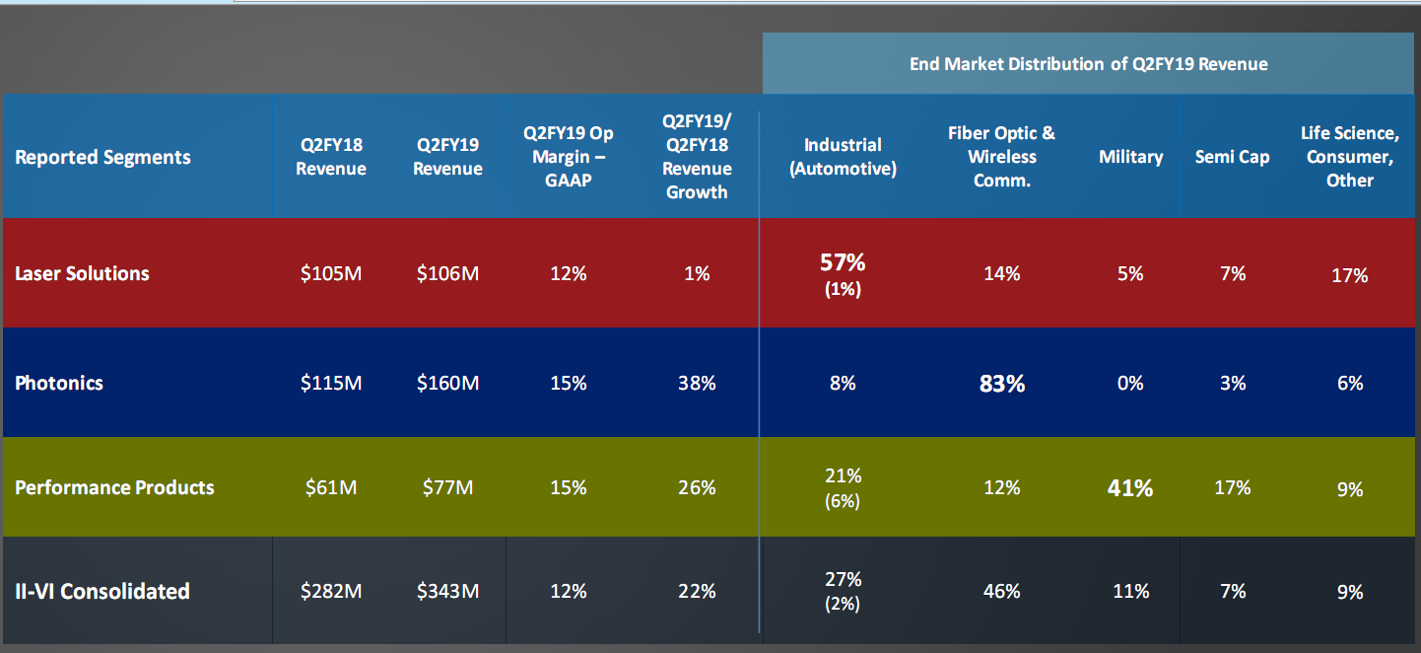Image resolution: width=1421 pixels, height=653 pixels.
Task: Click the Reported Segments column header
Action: click(x=102, y=157)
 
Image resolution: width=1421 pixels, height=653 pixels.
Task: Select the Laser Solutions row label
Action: click(x=82, y=273)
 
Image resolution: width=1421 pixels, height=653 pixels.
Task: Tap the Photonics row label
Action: click(x=59, y=383)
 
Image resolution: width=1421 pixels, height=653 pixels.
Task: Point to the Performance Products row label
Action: click(x=114, y=487)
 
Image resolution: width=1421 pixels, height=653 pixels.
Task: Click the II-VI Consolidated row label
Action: click(x=102, y=591)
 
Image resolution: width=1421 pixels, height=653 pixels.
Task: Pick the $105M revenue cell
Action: click(x=331, y=273)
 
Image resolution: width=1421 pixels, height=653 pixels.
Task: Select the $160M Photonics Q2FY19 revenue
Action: click(x=447, y=383)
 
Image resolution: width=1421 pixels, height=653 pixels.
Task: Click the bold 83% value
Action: click(x=1001, y=384)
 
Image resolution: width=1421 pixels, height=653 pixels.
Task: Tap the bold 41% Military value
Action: click(x=1129, y=487)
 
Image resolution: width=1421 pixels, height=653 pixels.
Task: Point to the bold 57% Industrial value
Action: click(x=843, y=262)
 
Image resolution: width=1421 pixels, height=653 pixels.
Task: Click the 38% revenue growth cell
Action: click(x=697, y=383)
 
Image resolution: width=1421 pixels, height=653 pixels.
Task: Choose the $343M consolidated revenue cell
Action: click(x=447, y=591)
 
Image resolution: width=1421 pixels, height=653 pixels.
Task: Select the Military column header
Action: click(x=1130, y=157)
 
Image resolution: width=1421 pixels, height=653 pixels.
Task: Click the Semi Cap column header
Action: click(x=1232, y=157)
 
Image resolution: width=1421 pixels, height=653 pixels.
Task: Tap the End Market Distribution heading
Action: click(x=1088, y=64)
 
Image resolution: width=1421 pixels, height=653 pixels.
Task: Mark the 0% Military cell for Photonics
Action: click(x=1130, y=383)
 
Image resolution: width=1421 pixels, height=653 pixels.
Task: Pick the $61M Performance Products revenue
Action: click(x=331, y=487)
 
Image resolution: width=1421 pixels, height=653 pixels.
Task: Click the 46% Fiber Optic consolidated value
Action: click(x=1001, y=591)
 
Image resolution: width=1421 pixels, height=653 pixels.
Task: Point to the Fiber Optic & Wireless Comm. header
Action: click(x=1001, y=157)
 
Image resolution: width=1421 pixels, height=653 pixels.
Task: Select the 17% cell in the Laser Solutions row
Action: click(x=1349, y=275)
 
